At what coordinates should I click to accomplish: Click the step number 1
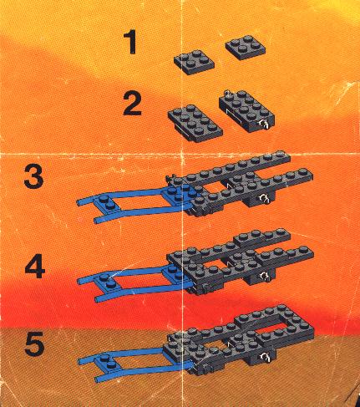[x=130, y=42]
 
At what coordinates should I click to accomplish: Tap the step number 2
[x=132, y=104]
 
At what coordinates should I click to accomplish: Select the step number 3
[x=33, y=176]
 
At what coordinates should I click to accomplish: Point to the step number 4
[x=35, y=267]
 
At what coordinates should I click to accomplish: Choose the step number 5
[x=34, y=343]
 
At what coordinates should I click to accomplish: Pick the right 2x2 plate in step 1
[x=246, y=47]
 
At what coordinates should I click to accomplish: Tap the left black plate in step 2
[x=195, y=124]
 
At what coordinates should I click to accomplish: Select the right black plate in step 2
[x=247, y=111]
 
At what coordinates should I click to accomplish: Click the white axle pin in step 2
[x=264, y=124]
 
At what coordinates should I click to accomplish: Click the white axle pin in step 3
[x=263, y=198]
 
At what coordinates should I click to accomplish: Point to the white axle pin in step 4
[x=263, y=277]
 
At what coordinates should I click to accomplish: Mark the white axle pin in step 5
[x=264, y=357]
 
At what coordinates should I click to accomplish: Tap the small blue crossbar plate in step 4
[x=108, y=281]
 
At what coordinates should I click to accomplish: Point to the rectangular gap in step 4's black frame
[x=214, y=265]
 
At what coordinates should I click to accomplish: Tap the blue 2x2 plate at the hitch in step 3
[x=178, y=195]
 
